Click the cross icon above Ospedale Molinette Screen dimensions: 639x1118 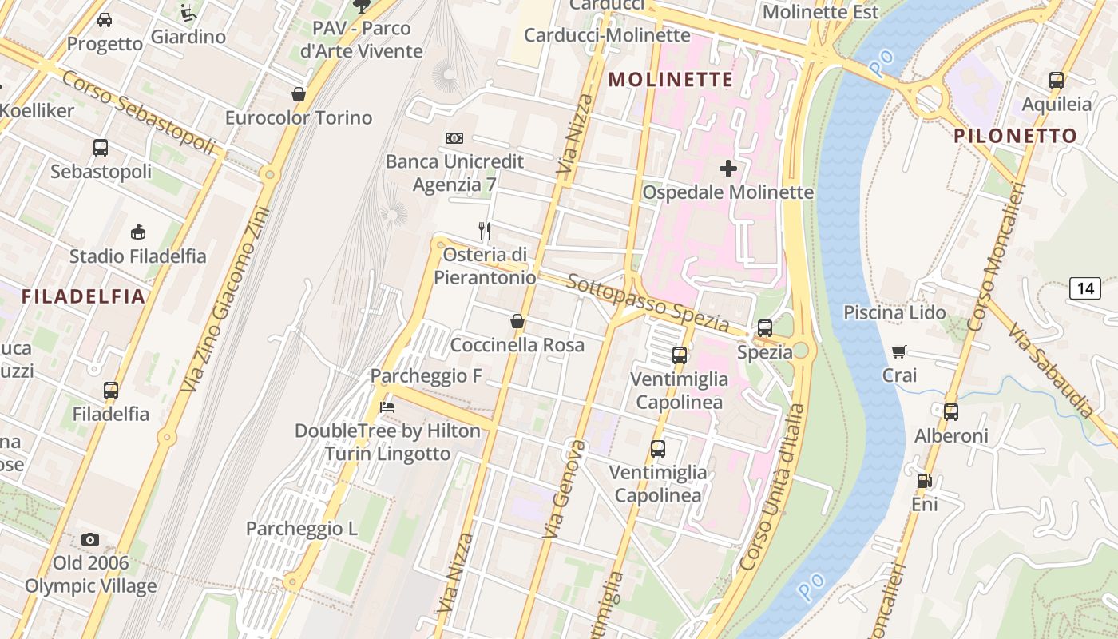click(x=727, y=169)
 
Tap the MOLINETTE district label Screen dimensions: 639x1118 click(x=671, y=80)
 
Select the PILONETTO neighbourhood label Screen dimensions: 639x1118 click(x=1015, y=136)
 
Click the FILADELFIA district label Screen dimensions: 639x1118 click(x=84, y=297)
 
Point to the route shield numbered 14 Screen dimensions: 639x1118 click(x=1085, y=288)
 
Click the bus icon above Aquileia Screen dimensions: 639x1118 click(x=1056, y=80)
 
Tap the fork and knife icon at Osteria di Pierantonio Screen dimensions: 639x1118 click(x=484, y=231)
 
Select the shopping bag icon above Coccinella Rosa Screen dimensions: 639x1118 click(x=517, y=321)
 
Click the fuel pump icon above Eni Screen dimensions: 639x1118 click(x=924, y=481)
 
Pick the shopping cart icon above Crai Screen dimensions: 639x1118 click(x=899, y=351)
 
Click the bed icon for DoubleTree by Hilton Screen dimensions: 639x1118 click(x=387, y=407)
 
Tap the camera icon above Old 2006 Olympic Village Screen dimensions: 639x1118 click(x=90, y=539)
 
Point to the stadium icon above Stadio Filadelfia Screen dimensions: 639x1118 click(x=137, y=232)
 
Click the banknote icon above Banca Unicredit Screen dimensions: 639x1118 click(x=454, y=138)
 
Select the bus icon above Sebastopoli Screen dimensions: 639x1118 click(x=101, y=148)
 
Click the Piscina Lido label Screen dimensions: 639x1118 click(x=894, y=312)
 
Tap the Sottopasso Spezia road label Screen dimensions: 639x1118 click(x=648, y=304)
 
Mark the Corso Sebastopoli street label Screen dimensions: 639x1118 click(x=138, y=113)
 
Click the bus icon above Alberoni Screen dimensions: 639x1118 click(x=950, y=412)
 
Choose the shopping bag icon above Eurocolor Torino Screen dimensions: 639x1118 click(x=299, y=94)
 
